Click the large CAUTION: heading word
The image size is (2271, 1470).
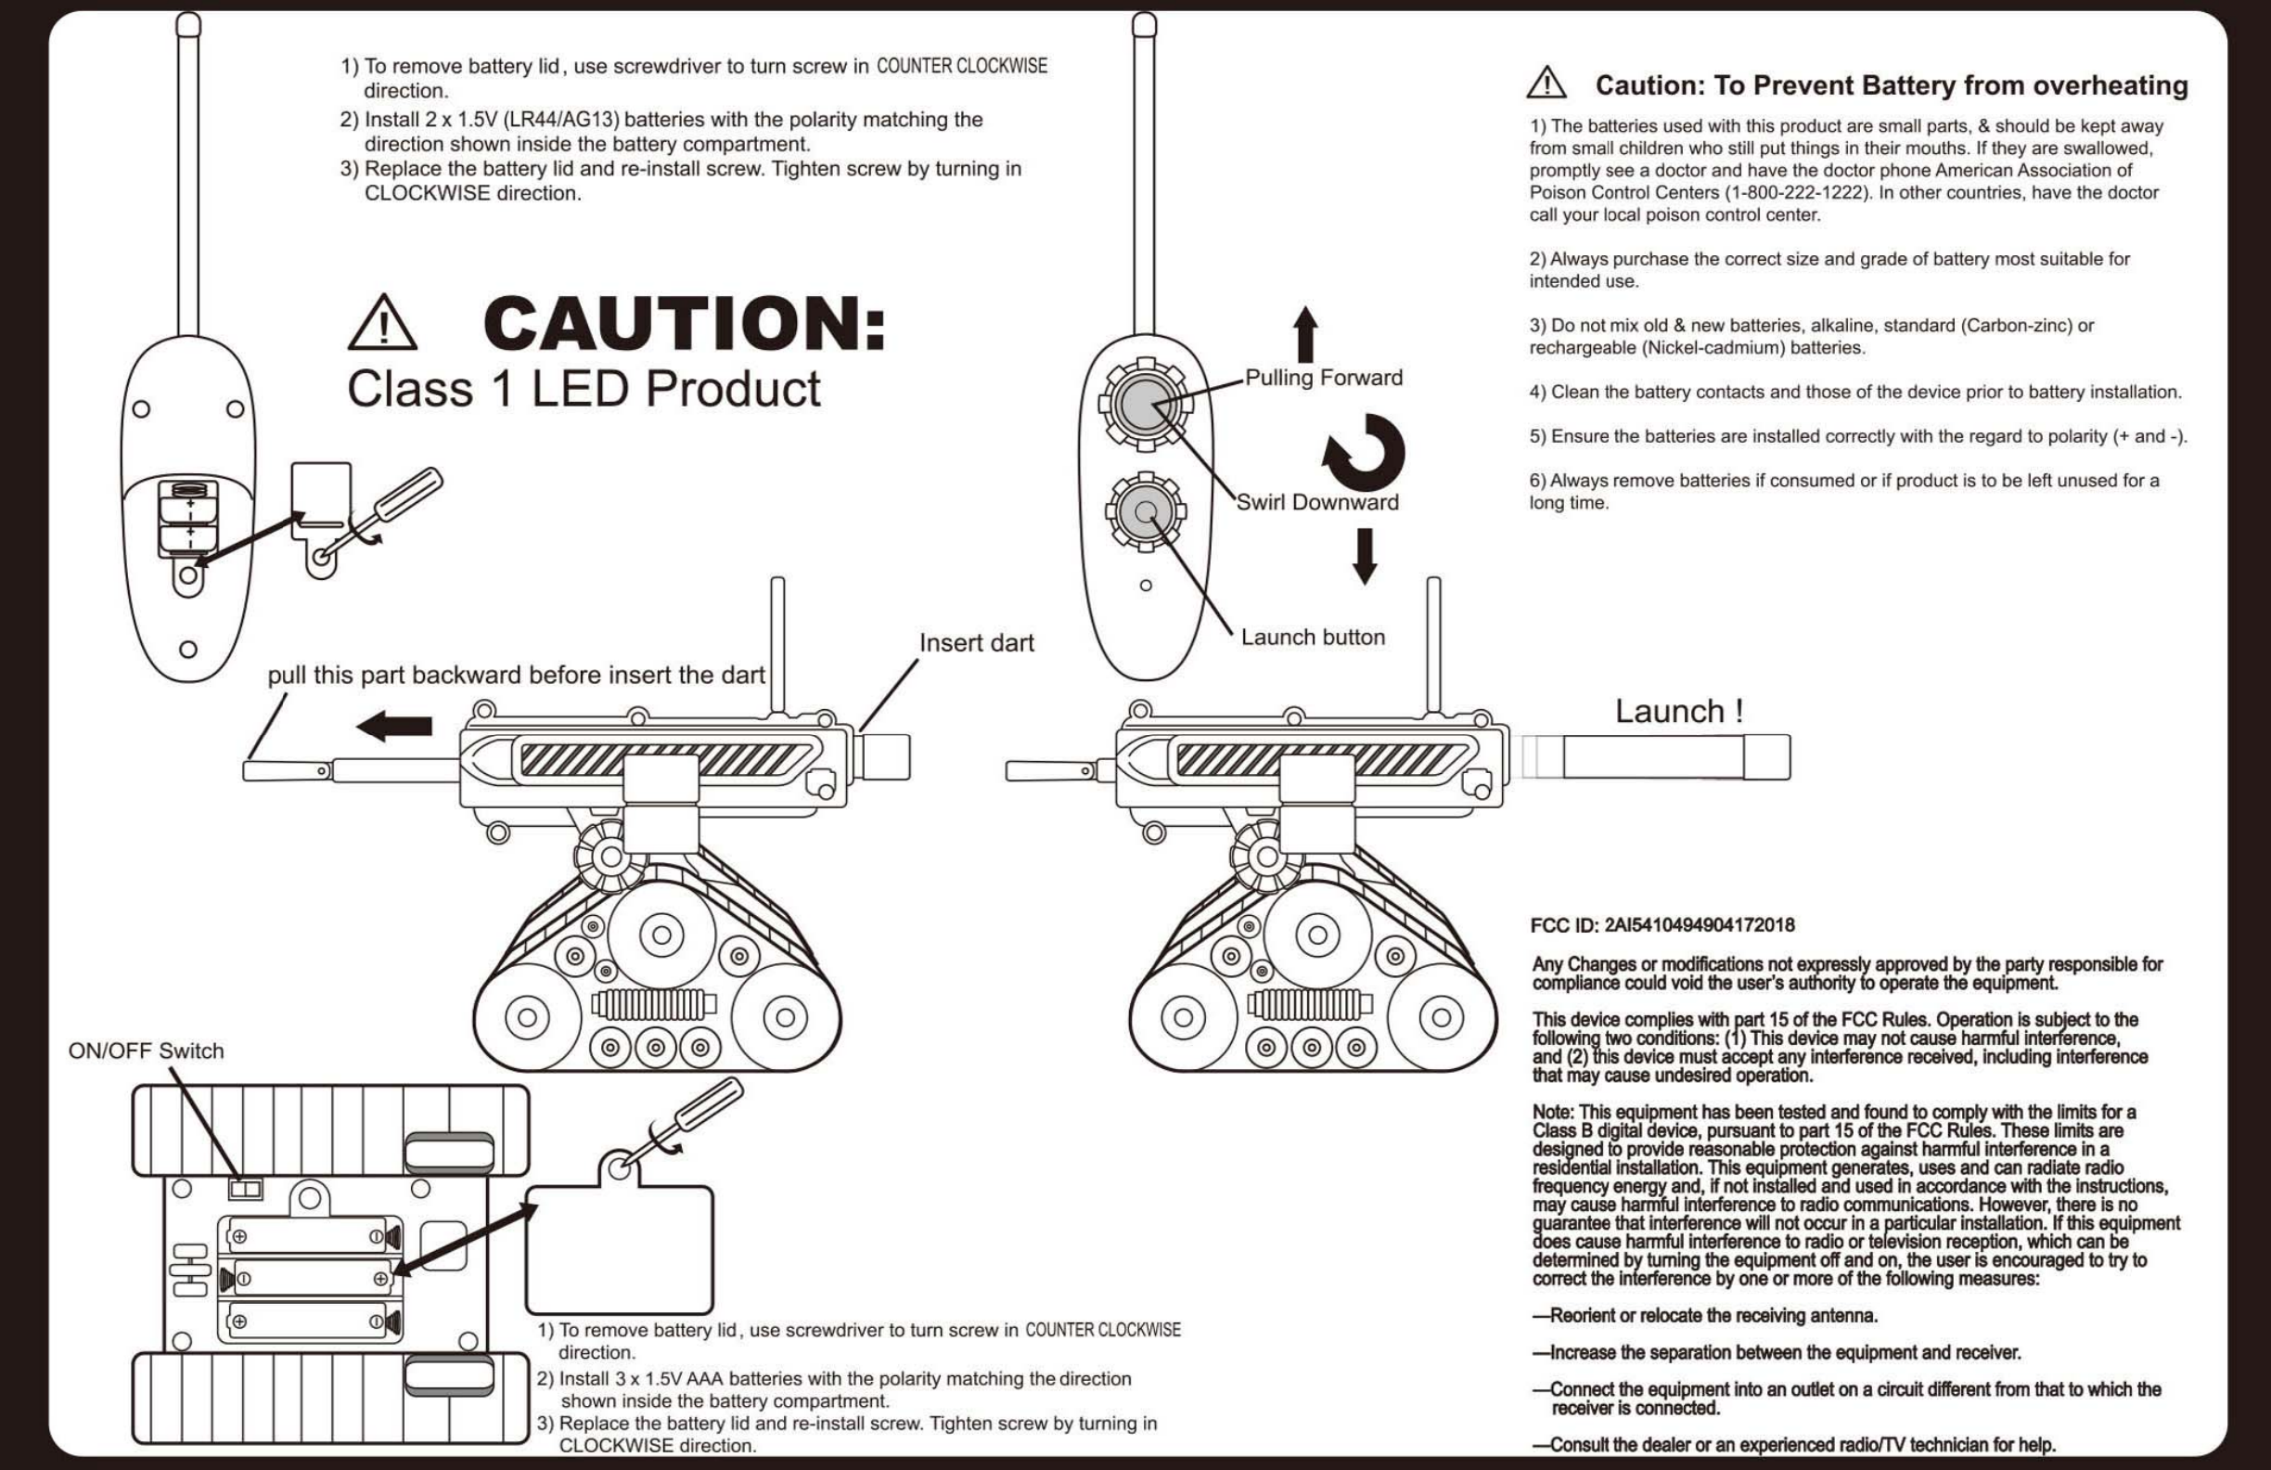(x=684, y=324)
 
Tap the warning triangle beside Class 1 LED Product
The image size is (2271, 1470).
(x=381, y=323)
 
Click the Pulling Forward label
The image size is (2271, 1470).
(x=1324, y=378)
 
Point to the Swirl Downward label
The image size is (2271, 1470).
(x=1316, y=502)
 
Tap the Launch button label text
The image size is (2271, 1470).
(x=1312, y=638)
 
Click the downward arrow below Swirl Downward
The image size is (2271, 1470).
(x=1365, y=556)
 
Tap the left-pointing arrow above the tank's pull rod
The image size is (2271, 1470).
(x=394, y=727)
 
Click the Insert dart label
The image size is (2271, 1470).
(x=976, y=643)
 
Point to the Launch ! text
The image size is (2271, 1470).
(x=1678, y=711)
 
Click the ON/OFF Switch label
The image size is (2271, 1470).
(x=146, y=1051)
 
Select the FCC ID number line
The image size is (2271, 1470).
(x=1662, y=925)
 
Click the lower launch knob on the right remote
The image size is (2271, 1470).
(x=1145, y=512)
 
